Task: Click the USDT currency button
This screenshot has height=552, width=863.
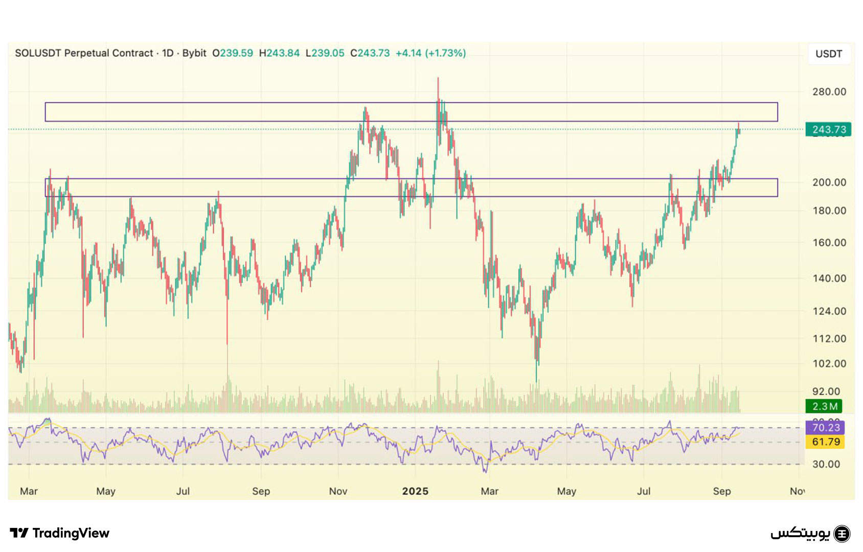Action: tap(829, 54)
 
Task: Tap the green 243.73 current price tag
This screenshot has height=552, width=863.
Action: tap(828, 129)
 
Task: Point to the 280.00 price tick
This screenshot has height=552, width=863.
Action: tap(829, 92)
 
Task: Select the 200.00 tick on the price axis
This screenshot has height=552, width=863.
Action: tap(829, 182)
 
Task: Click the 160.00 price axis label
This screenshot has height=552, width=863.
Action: tap(829, 243)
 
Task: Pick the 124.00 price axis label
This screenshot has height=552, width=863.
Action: tap(829, 311)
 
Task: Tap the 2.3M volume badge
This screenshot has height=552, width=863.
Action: tap(824, 406)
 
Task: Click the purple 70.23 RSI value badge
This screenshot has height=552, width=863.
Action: tap(825, 427)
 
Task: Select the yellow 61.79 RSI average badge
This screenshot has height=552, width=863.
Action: tap(825, 442)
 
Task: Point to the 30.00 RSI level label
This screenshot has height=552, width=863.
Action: tap(826, 464)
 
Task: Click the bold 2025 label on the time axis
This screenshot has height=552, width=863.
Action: tap(415, 491)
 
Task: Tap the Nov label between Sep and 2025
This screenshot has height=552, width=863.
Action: tap(338, 491)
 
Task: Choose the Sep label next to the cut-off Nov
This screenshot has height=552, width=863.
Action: tap(721, 491)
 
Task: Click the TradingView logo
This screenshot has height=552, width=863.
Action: tap(60, 533)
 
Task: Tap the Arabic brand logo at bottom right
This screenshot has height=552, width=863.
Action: tap(810, 534)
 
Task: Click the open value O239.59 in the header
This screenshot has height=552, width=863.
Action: tap(233, 53)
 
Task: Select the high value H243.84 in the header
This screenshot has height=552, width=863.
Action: tap(279, 53)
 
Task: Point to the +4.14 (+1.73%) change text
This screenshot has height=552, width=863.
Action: tap(430, 53)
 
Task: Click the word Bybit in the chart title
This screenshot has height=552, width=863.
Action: tap(194, 53)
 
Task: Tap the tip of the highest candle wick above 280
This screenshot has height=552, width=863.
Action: tap(438, 78)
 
